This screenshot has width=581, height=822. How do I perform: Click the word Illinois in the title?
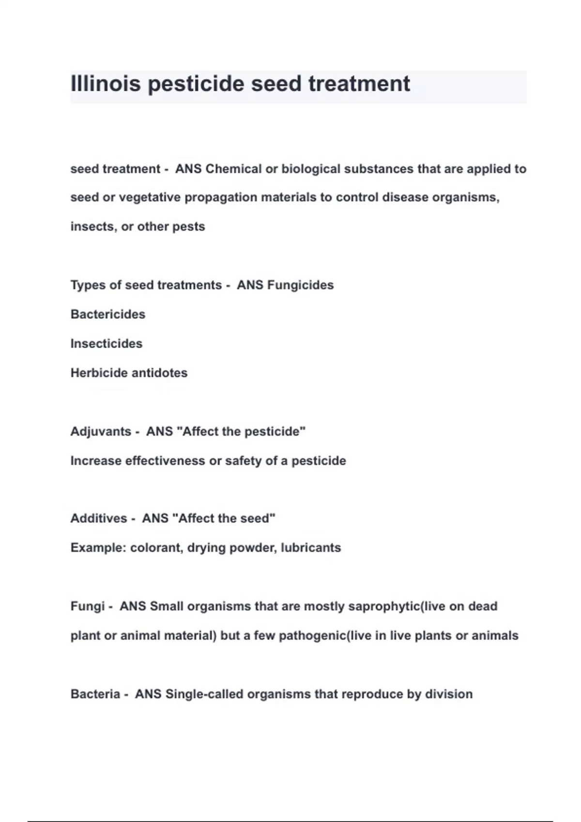[x=106, y=84]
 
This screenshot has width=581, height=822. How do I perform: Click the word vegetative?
[x=150, y=197]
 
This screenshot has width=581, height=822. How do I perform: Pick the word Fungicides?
[x=300, y=285]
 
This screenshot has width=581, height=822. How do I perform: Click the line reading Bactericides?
[x=108, y=314]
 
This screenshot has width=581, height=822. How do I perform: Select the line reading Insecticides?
[x=107, y=343]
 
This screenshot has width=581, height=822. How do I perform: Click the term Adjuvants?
[x=101, y=431]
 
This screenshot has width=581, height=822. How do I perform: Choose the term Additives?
[x=99, y=518]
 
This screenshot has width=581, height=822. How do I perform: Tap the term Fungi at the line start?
[x=87, y=606]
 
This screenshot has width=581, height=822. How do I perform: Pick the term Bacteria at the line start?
[x=95, y=694]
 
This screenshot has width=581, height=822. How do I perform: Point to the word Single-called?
[x=204, y=694]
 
